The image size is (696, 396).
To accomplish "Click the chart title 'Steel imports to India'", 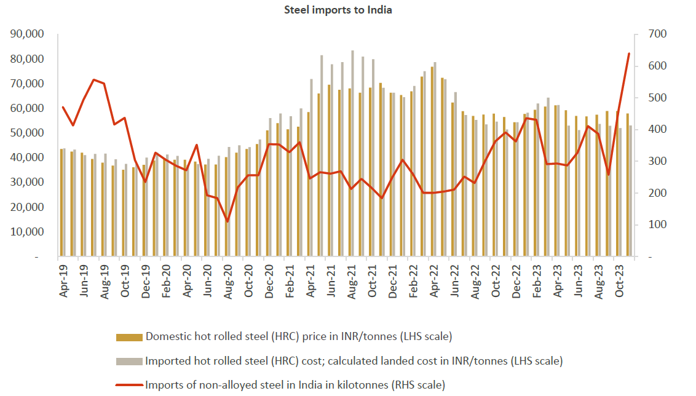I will (x=338, y=10).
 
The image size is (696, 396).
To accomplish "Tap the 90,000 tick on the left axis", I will (x=28, y=34).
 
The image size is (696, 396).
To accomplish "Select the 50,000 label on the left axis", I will (x=28, y=133).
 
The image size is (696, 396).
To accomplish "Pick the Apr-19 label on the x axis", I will (x=63, y=281).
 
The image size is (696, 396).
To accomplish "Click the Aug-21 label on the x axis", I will (x=351, y=281).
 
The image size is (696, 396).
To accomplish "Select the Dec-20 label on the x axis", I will (x=269, y=281).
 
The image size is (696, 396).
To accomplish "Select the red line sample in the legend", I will (x=130, y=386).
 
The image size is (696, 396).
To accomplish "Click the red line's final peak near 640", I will (x=628, y=53).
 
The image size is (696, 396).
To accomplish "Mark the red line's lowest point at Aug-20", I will (x=227, y=221).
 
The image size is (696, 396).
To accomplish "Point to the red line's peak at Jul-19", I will (x=93, y=80).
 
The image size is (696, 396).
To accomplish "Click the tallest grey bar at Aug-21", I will (x=352, y=154).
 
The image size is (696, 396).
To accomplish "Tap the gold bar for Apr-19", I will (x=61, y=203).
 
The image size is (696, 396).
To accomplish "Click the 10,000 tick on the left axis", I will (x=28, y=232).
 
